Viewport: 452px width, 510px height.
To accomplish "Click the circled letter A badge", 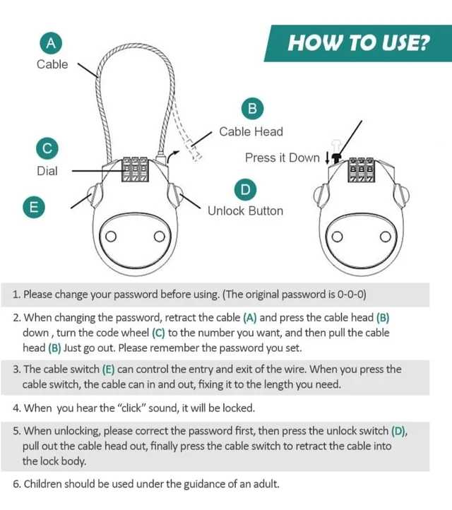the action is pos(51,43).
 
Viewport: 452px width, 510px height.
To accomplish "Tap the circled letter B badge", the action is pos(252,108).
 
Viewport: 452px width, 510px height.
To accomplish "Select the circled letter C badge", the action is pos(47,148).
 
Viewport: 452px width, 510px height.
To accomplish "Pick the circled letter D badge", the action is pos(246,189).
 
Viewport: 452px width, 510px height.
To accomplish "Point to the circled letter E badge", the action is pos(34,207).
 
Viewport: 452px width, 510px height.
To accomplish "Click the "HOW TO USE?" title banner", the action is pos(357,43).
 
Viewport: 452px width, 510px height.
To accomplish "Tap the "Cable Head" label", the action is pos(251,131).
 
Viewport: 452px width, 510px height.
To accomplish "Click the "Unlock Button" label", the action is pos(246,210).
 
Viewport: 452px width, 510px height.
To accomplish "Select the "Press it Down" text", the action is pos(282,158).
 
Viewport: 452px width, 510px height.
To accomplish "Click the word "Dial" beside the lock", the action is pos(47,171).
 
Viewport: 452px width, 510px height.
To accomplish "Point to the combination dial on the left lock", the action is pos(135,170).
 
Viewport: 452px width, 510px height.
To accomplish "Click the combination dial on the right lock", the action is pos(362,170).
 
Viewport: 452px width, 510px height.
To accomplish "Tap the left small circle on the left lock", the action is pos(111,237).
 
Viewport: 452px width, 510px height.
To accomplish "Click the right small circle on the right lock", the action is pos(386,237).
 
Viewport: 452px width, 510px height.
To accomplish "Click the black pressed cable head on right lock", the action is pos(336,158).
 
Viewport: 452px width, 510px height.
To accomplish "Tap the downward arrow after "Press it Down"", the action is pos(327,158).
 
